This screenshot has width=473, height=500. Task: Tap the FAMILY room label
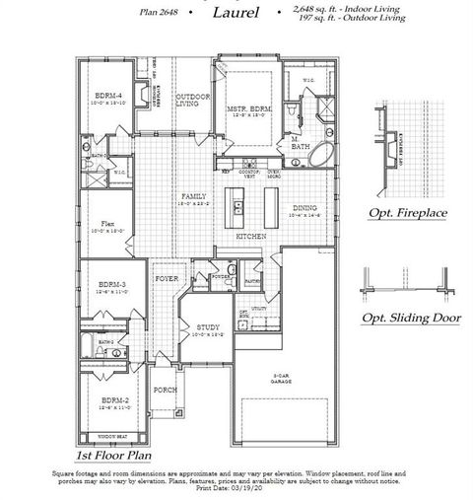tap(193, 198)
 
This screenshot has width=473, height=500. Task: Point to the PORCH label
tap(166, 391)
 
